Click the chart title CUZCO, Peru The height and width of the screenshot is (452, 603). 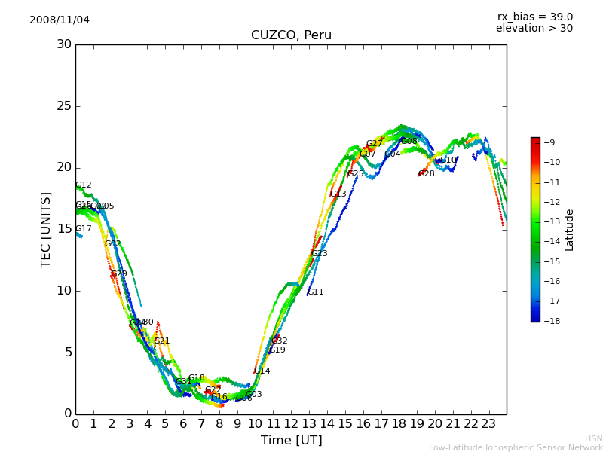coord(291,35)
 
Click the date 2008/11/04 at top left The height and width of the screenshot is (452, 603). coord(60,20)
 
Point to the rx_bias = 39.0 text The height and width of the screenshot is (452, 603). coord(534,17)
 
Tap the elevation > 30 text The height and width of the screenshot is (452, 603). coord(534,29)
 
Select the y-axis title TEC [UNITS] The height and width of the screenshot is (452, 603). coord(46,229)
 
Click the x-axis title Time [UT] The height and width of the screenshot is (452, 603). coord(291,440)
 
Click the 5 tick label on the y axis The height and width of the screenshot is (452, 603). coord(67,352)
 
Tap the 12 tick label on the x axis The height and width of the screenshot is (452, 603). coord(291,423)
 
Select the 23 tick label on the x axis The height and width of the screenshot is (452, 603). coord(488,423)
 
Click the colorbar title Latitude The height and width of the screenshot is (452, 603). coord(570,229)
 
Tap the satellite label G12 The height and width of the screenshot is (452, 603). coord(84,185)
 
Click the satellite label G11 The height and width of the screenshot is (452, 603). coord(316,292)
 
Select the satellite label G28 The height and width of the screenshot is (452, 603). coord(427,174)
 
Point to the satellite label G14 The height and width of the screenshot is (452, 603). coord(262,371)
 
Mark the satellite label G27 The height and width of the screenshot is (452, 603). coord(375,144)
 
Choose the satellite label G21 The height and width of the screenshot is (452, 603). coord(162,341)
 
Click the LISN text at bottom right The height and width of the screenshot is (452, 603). coord(594,438)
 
